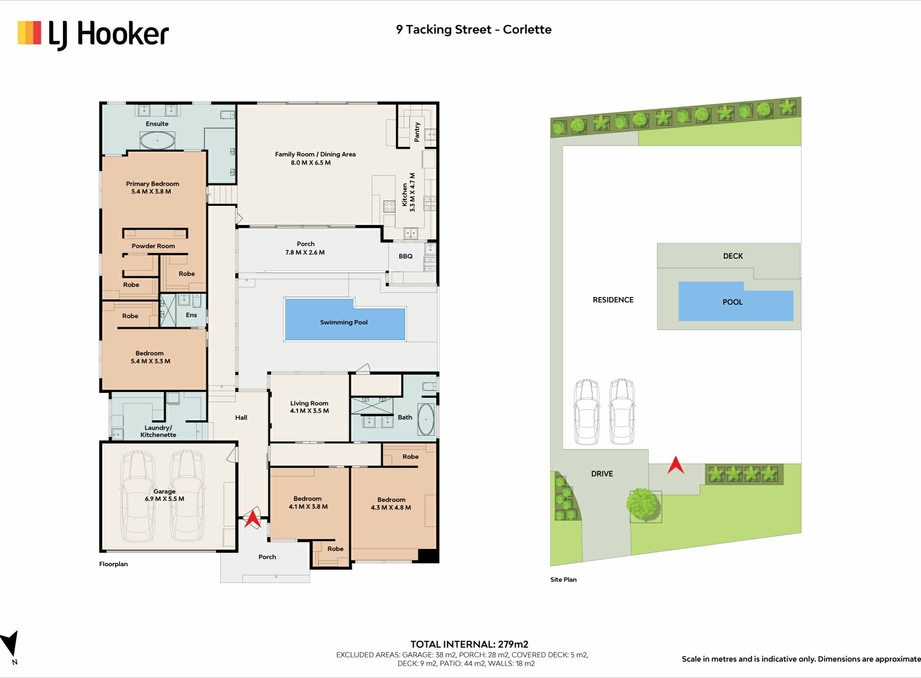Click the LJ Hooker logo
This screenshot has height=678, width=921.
[93, 35]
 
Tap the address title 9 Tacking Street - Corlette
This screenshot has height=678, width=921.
[473, 30]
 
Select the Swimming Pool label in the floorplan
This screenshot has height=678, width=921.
[344, 322]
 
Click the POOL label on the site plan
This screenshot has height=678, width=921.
[732, 302]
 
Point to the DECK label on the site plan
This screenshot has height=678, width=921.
[733, 256]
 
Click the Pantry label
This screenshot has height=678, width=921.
[417, 132]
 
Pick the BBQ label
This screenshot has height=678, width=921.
[405, 256]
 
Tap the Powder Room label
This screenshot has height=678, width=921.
[153, 246]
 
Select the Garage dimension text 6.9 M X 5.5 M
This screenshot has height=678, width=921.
[165, 499]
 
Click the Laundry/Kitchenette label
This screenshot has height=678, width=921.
[158, 431]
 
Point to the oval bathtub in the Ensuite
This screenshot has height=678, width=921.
[157, 140]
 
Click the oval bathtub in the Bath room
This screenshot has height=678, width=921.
[425, 419]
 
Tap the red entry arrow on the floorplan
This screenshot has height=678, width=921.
[252, 519]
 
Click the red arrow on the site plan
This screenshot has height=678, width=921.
[676, 465]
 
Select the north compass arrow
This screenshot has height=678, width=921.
[10, 643]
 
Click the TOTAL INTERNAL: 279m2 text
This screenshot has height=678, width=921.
[469, 644]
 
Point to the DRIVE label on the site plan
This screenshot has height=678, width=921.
[602, 474]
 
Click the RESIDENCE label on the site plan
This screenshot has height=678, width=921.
[613, 300]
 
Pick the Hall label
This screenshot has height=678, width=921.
[241, 417]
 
